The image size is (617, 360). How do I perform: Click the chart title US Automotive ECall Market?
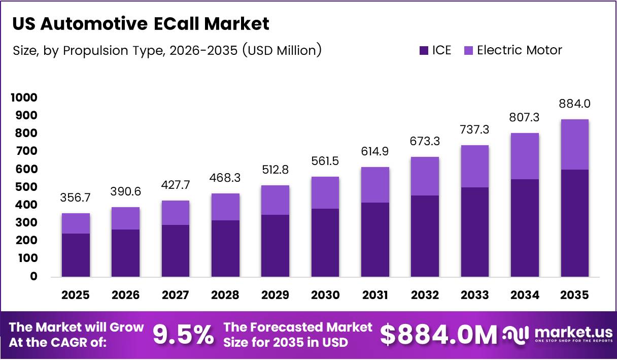tap(141, 24)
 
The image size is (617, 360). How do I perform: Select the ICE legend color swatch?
tap(424, 50)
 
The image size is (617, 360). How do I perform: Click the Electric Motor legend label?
tap(519, 50)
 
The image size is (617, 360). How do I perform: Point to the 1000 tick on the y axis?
tap(24, 97)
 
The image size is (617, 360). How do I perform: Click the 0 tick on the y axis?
tap(33, 276)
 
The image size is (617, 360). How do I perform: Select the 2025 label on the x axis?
tap(76, 295)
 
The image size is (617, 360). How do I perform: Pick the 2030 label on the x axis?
tap(325, 295)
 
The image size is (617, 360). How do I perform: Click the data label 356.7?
tap(76, 198)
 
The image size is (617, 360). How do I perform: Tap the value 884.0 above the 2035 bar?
tap(574, 104)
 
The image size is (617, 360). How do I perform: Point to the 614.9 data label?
tap(375, 151)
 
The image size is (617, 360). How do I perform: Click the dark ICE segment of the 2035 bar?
tap(574, 223)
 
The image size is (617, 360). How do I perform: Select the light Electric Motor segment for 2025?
tap(76, 223)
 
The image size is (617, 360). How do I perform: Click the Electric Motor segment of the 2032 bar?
tap(425, 176)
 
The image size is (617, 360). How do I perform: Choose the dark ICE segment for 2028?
tap(225, 248)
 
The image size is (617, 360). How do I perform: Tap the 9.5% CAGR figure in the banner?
tap(183, 335)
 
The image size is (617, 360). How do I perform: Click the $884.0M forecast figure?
tap(438, 335)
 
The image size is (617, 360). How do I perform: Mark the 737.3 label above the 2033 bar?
tap(474, 129)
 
